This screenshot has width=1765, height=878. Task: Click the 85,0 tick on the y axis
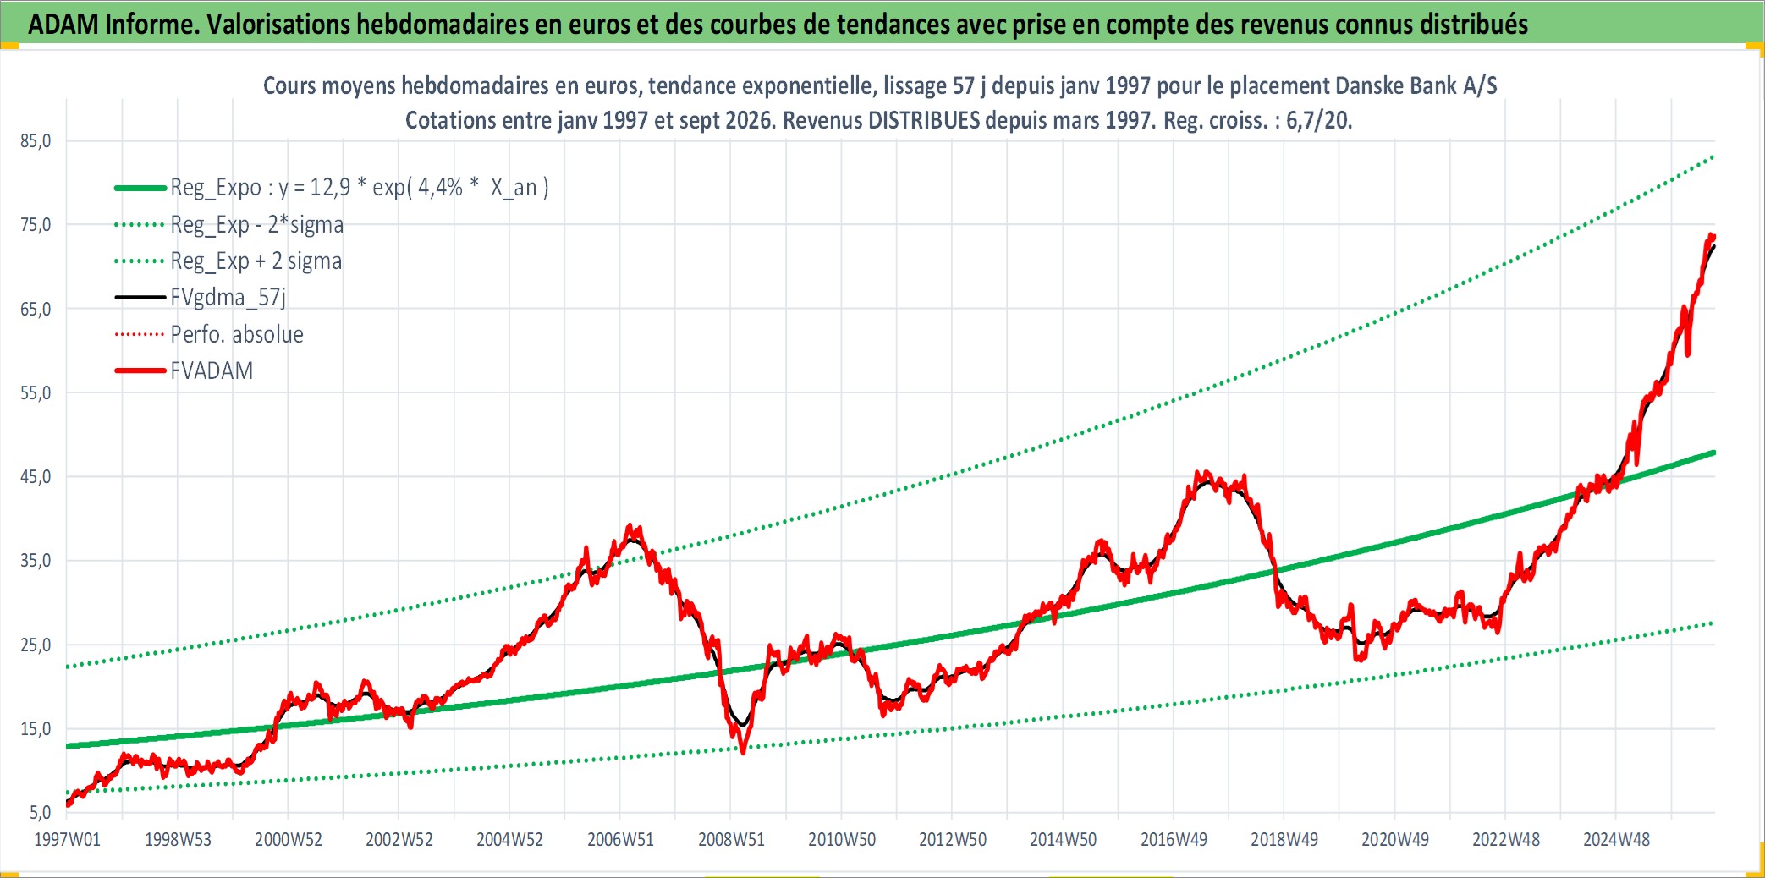[x=36, y=141]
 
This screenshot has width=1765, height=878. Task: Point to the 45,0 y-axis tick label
[x=36, y=477]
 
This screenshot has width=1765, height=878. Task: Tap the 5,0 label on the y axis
[x=40, y=813]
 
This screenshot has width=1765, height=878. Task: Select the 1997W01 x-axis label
[x=67, y=840]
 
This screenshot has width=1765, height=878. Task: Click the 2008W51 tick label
[x=731, y=840]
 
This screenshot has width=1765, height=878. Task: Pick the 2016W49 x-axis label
[x=1174, y=840]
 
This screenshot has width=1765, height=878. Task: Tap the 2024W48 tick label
[x=1616, y=840]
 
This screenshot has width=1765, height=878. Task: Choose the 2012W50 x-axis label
[x=953, y=840]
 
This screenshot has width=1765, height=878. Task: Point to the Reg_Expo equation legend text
[x=360, y=188]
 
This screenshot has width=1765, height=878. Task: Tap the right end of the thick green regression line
[x=1714, y=453]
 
